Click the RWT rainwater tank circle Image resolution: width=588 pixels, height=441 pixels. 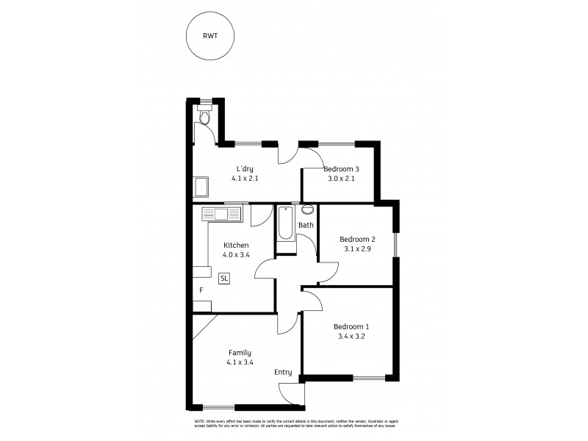(x=209, y=37)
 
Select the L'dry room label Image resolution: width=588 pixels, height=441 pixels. (x=245, y=168)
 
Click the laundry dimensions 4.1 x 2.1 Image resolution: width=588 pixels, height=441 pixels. (x=245, y=178)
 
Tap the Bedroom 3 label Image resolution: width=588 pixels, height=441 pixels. (x=340, y=168)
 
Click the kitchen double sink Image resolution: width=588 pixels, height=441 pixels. (x=221, y=215)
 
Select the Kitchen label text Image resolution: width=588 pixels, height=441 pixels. (x=236, y=245)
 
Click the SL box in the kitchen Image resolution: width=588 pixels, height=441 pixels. (x=224, y=278)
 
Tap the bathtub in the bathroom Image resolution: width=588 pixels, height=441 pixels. (x=286, y=224)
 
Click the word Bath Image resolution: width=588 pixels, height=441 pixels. (x=306, y=226)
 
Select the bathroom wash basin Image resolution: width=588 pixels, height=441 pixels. (x=306, y=209)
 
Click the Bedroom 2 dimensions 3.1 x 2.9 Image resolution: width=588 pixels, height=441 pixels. (x=357, y=249)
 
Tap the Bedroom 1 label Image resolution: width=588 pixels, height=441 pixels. (x=351, y=327)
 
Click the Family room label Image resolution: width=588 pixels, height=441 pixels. (x=240, y=352)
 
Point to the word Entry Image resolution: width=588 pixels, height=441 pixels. (x=284, y=373)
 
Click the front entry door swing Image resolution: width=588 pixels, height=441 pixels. (x=293, y=394)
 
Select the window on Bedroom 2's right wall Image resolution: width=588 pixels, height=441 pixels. (x=396, y=245)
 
